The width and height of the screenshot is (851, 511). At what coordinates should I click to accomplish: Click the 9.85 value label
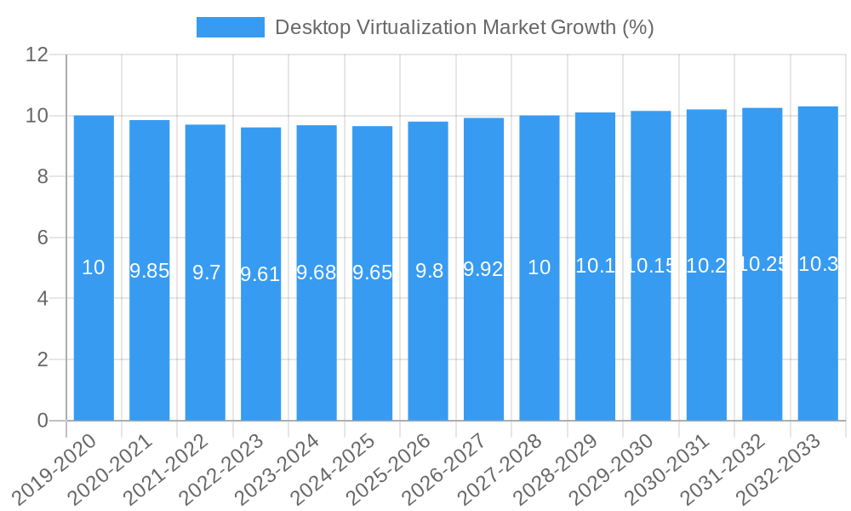149,271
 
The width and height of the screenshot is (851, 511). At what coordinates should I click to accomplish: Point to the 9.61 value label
260,274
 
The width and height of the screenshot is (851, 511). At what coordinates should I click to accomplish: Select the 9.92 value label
483,269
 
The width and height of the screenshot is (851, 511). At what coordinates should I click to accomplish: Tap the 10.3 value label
818,264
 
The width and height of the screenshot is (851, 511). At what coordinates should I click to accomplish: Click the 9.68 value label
317,273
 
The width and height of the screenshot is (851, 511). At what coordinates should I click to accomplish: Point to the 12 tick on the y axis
37,55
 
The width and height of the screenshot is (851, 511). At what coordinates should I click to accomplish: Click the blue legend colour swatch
230,27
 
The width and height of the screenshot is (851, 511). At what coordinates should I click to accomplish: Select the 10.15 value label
651,266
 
